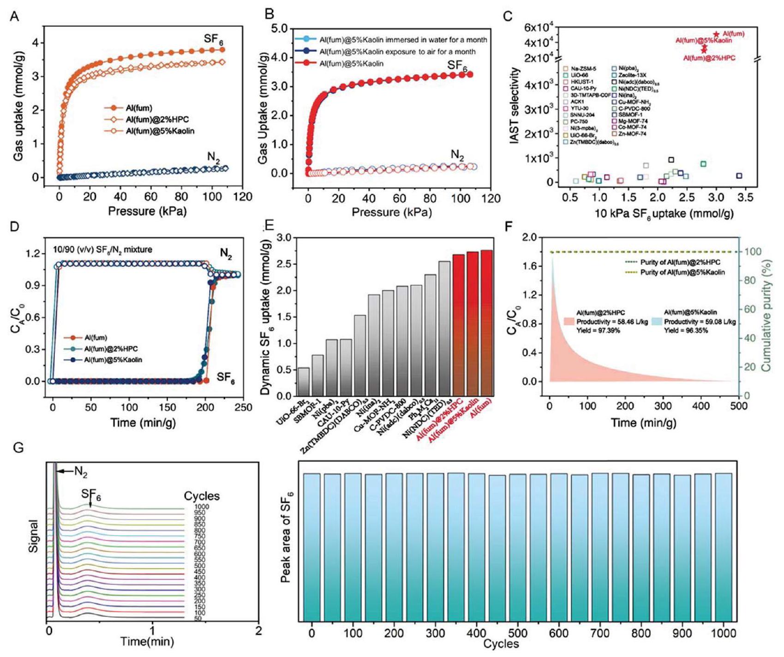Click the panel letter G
coord(18,448)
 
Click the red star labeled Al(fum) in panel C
coord(716,34)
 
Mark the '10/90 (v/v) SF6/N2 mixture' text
coord(102,250)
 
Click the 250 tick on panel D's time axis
coord(243,407)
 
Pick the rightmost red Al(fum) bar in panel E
coord(487,323)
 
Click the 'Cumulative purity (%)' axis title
coord(766,316)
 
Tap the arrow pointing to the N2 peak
coord(65,471)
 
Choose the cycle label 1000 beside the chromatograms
coord(201,507)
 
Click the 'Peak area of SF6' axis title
coord(287,537)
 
